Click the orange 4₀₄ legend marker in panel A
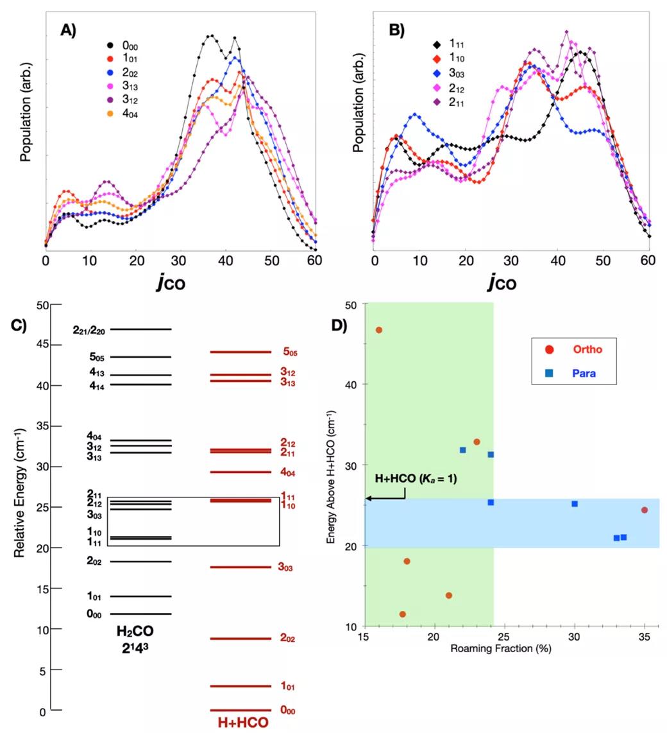(x=110, y=114)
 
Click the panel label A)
(x=68, y=30)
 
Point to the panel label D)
(x=339, y=325)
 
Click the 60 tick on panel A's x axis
(x=315, y=261)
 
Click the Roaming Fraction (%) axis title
(x=501, y=648)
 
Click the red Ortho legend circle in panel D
(x=550, y=349)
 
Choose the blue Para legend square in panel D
(x=550, y=372)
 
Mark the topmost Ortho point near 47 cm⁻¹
(x=379, y=330)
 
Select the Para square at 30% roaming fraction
(x=575, y=504)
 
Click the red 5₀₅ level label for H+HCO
(x=290, y=352)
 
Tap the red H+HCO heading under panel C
(x=242, y=723)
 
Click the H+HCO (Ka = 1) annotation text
(x=416, y=478)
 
